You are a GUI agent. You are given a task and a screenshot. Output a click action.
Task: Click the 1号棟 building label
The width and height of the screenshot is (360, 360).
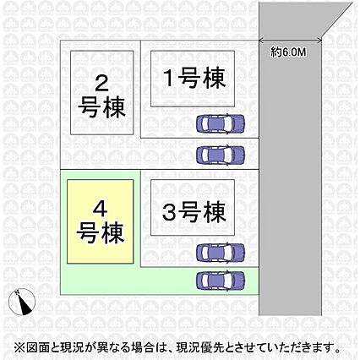(195, 78)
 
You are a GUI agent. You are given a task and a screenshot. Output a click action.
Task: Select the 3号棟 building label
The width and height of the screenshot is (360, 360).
(194, 212)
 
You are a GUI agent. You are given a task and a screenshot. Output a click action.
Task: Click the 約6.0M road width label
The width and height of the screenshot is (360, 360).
(288, 52)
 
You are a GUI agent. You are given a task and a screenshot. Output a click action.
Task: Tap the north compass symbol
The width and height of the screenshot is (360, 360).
(22, 302)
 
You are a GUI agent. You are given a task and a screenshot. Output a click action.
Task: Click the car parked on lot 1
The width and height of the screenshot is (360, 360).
(221, 123)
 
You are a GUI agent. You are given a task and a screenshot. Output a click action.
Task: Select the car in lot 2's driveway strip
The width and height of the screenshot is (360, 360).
(221, 155)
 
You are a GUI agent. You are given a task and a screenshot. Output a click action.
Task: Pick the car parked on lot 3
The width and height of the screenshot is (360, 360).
(221, 253)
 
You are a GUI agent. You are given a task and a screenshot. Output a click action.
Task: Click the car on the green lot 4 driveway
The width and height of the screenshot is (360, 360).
(221, 281)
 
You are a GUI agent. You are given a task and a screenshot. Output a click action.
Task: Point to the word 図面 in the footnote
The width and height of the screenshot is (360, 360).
(37, 347)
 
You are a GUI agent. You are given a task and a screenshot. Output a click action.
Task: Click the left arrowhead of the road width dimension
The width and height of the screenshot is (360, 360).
(261, 41)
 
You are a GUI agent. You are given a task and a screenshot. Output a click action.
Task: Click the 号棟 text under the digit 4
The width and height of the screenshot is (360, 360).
(101, 232)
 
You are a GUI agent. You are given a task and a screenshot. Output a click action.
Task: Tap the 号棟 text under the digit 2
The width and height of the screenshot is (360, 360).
(101, 107)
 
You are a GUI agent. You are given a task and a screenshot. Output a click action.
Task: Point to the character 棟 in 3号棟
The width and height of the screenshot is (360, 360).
(215, 212)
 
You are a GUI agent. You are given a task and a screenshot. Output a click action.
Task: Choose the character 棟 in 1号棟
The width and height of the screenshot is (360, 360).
(215, 78)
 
